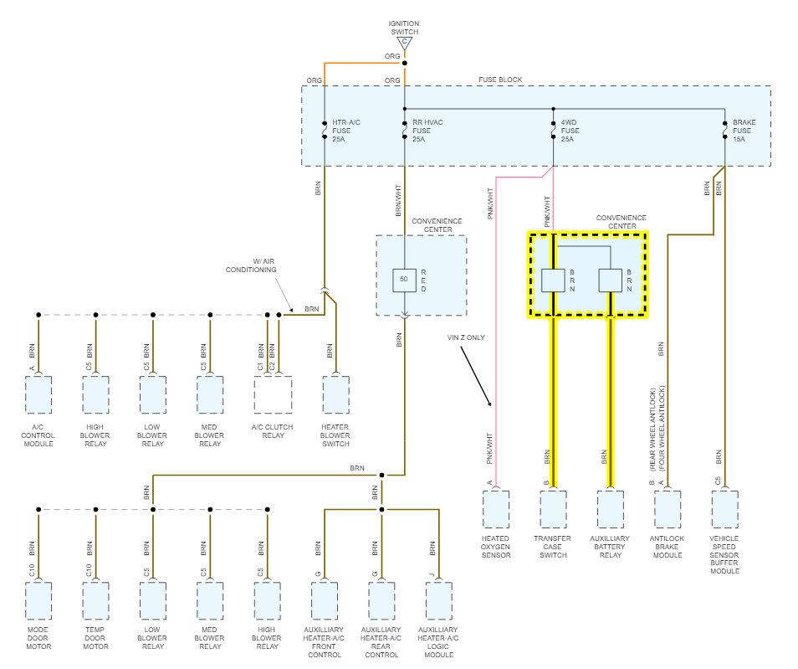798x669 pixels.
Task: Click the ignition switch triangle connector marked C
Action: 405,44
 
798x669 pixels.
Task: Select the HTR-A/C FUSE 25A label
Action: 346,131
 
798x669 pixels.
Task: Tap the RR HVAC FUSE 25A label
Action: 427,131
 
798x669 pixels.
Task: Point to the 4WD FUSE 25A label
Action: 570,131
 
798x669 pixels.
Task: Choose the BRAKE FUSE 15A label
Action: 744,131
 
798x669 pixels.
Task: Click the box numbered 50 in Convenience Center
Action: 405,280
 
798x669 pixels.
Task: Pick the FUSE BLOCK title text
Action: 500,80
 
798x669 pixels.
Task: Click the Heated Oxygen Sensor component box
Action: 496,510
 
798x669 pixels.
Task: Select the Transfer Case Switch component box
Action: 553,510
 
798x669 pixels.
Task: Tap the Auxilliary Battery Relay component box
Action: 610,510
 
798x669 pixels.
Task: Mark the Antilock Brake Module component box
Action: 668,510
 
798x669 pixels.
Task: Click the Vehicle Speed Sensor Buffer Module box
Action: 724,510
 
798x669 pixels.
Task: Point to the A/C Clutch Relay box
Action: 274,395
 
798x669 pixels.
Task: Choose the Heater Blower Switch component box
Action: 336,395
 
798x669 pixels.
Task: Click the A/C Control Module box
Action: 38,395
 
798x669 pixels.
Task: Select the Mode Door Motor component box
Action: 38,601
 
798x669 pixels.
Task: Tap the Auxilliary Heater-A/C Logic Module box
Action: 438,601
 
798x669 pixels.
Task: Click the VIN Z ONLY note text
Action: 466,337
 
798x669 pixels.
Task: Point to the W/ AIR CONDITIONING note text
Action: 252,265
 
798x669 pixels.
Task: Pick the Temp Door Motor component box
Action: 95,601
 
